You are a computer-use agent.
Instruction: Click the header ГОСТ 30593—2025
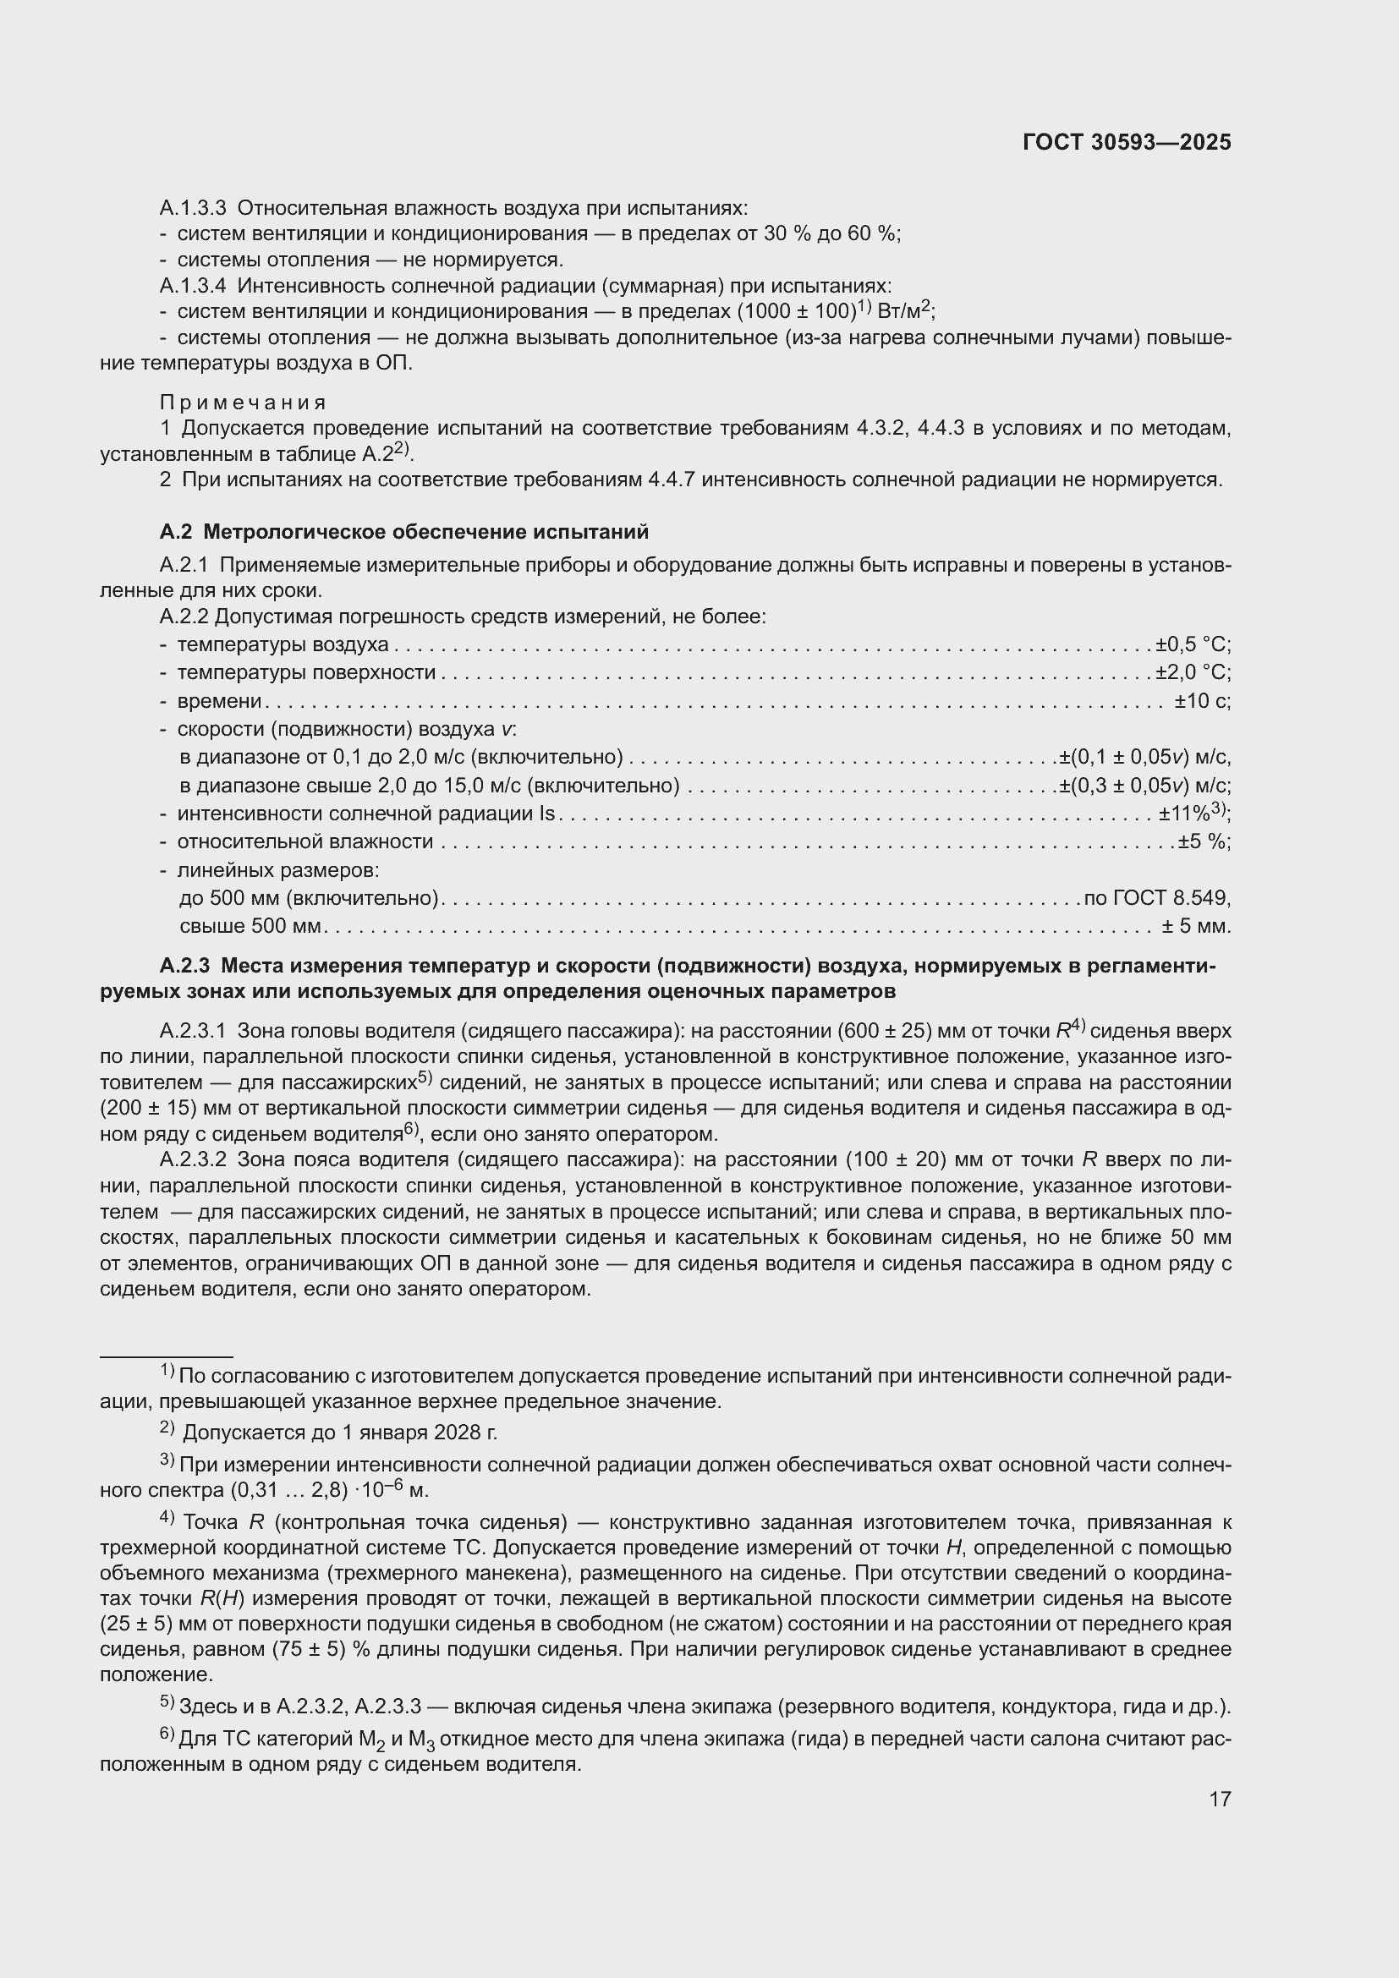[1127, 142]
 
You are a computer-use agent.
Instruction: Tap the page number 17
[1219, 1799]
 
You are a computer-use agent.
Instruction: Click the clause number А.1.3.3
[192, 209]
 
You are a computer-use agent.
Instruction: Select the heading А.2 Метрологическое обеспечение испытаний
[403, 532]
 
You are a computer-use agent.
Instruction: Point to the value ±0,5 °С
[1193, 644]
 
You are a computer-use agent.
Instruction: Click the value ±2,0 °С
[1193, 672]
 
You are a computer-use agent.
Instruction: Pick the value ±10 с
[1202, 700]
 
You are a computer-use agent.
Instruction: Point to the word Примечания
[243, 403]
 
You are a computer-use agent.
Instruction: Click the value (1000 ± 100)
[796, 311]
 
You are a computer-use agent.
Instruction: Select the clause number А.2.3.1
[192, 1030]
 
